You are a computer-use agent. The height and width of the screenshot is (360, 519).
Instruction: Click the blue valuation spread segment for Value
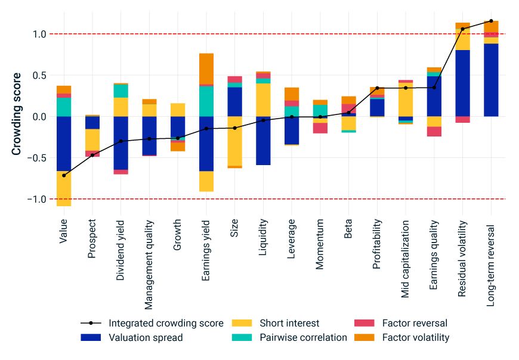64,143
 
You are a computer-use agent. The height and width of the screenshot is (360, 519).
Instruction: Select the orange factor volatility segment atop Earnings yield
206,69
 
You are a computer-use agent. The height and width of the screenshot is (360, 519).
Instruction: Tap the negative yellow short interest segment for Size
235,141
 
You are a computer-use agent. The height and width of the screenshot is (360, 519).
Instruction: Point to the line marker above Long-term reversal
491,21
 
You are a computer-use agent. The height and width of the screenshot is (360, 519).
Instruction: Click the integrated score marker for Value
64,175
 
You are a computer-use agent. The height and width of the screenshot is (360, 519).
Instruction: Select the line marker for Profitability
377,88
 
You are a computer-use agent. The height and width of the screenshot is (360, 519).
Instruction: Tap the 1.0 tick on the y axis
39,34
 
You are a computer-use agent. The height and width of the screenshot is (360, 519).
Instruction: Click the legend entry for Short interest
289,323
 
